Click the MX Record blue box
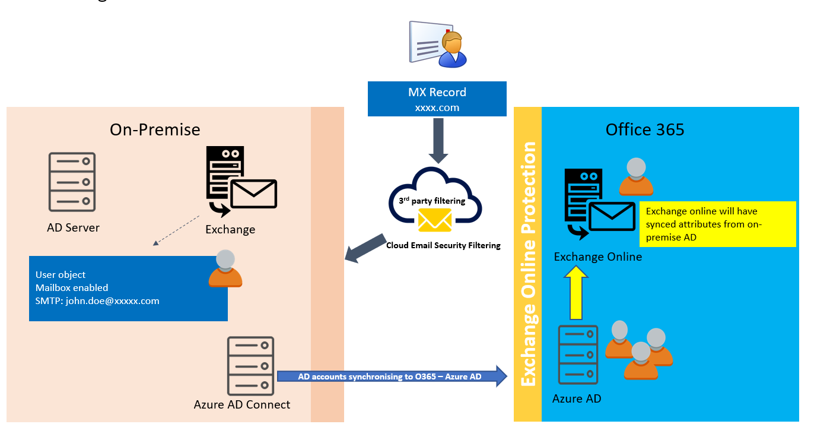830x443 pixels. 437,99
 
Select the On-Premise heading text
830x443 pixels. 155,129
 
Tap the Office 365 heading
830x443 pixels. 644,129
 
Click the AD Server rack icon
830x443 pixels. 72,182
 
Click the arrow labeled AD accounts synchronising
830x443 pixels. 392,376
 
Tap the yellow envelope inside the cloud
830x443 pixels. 435,220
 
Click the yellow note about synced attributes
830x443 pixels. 717,224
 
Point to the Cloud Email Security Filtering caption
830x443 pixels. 443,245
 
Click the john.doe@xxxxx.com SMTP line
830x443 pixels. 97,300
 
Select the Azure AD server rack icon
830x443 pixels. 578,355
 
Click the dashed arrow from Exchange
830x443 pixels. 176,230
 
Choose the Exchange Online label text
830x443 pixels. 597,257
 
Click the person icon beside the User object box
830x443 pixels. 225,270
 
